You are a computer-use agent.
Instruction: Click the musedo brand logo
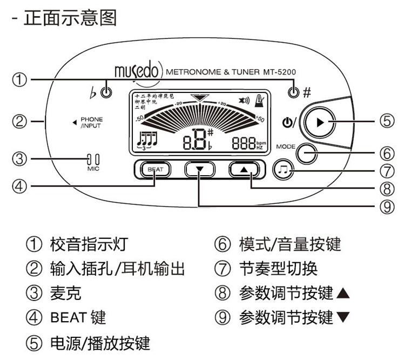138,71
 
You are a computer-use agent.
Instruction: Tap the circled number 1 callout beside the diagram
19,80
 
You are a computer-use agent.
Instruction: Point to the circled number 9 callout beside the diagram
384,205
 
